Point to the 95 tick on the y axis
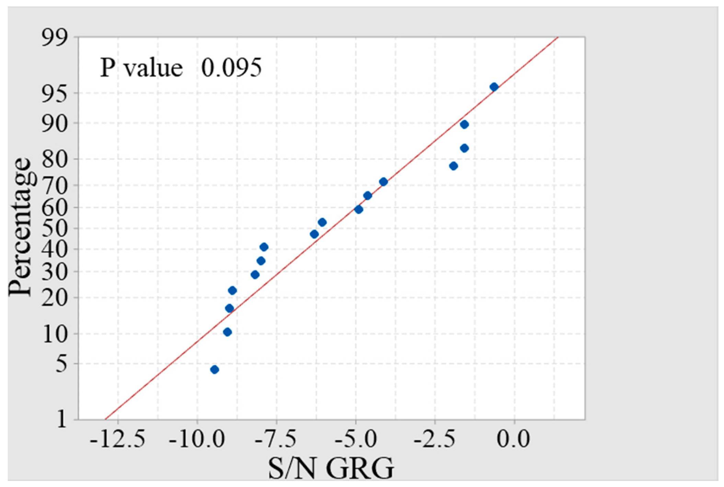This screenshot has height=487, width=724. [x=55, y=93]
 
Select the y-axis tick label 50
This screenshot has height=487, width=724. [x=55, y=228]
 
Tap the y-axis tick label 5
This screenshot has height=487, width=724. [x=62, y=364]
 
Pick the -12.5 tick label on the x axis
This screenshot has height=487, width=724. [x=118, y=440]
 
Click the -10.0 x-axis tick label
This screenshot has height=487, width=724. [x=197, y=440]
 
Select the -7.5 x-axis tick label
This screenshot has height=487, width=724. [x=276, y=440]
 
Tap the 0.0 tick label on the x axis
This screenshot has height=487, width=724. [x=514, y=440]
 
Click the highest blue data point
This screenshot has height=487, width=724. [x=494, y=87]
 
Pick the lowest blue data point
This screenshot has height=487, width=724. [x=215, y=370]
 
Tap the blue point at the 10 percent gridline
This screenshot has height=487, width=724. [x=227, y=332]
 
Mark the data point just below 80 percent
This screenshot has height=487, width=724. [x=453, y=166]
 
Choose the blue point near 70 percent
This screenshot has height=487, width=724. [x=383, y=182]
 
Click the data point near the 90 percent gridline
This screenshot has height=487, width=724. [x=464, y=124]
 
